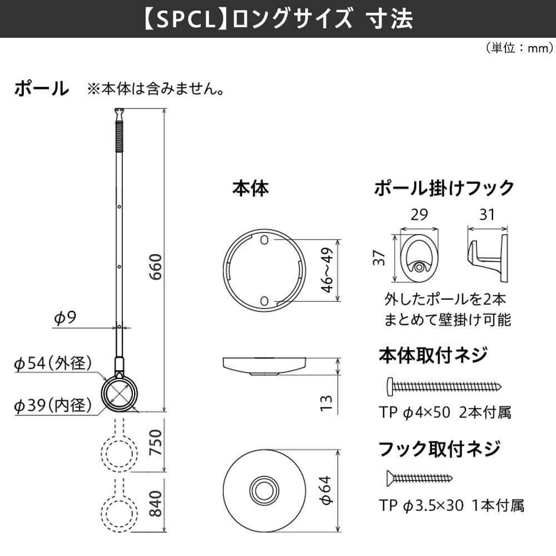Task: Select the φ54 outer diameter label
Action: coord(52,364)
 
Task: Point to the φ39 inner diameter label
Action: coord(52,406)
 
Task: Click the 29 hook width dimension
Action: coord(419,215)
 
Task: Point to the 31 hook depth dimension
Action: coord(487,215)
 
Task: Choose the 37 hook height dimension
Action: coord(381,257)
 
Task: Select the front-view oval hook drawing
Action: coord(419,259)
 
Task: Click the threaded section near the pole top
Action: coord(118,136)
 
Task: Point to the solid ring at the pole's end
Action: coord(121,394)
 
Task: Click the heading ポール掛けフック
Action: coord(444,188)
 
